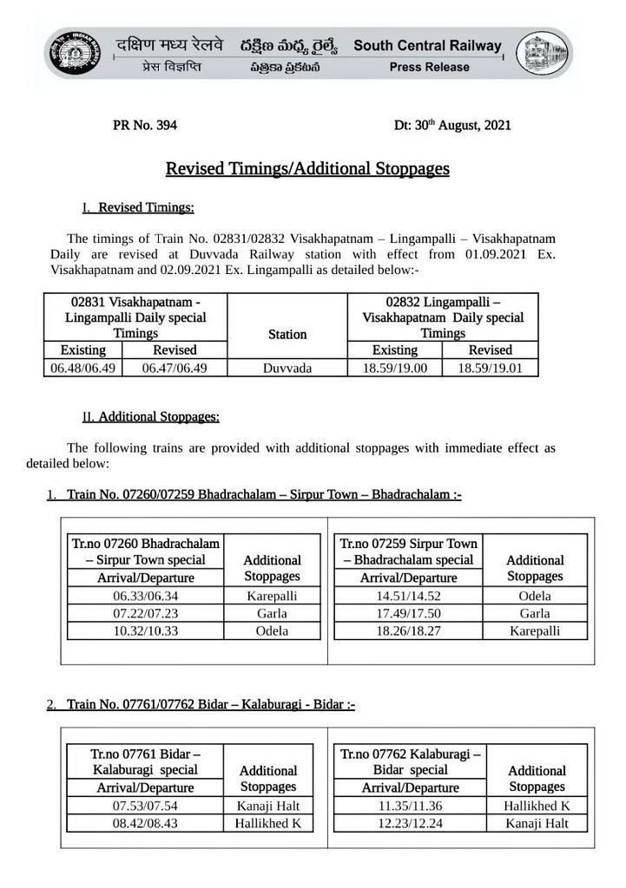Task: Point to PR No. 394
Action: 145,126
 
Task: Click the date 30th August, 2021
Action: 452,126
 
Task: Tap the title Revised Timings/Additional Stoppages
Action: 307,168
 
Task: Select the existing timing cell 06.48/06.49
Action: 83,368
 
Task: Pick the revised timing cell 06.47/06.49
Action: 175,368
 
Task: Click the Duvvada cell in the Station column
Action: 287,368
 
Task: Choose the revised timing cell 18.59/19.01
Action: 491,368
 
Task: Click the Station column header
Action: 287,334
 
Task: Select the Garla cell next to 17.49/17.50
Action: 535,614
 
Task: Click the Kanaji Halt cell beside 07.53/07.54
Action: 268,806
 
